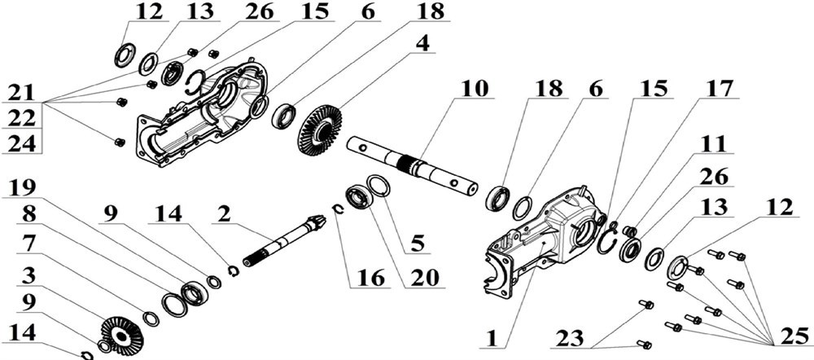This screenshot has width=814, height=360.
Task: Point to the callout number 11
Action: [715, 144]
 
